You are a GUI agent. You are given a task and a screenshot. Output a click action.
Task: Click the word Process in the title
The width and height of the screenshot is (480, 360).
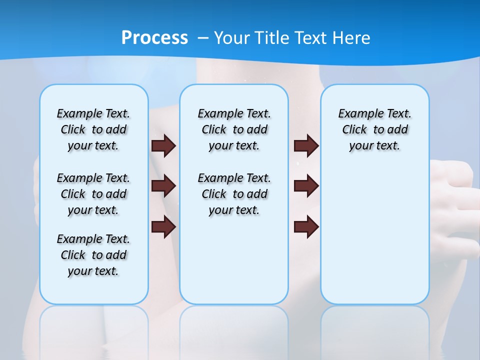click(154, 37)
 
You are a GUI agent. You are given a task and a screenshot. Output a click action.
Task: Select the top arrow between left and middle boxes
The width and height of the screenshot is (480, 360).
click(163, 146)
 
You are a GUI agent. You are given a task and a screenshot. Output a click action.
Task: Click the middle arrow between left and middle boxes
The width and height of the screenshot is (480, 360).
click(163, 186)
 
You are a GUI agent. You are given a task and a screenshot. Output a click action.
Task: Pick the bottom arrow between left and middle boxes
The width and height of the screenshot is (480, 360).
click(163, 226)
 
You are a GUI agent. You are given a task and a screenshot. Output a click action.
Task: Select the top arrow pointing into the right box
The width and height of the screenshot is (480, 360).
click(306, 146)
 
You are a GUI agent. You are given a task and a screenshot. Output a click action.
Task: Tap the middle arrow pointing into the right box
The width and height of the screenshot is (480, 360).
click(306, 186)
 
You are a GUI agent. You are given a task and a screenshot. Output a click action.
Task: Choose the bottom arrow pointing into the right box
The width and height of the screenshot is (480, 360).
click(306, 226)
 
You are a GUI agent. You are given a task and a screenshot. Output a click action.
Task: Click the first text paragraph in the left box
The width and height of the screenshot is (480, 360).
click(93, 129)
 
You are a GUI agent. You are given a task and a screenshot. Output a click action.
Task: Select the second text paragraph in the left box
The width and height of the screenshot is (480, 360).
click(93, 194)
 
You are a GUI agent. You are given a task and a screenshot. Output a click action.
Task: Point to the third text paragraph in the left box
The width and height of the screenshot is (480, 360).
click(93, 255)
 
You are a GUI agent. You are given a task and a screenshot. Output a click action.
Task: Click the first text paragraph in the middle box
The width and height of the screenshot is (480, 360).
click(234, 129)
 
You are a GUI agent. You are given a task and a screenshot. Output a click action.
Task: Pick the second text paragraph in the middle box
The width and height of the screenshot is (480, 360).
click(234, 194)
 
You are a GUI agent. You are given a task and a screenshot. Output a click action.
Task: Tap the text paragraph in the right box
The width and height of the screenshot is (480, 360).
click(374, 129)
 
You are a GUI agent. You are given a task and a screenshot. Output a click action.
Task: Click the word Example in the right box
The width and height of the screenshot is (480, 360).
click(357, 114)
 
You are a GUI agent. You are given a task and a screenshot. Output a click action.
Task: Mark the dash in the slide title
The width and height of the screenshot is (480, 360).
click(203, 38)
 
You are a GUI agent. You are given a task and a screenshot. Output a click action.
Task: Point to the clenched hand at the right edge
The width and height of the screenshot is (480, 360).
click(455, 195)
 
